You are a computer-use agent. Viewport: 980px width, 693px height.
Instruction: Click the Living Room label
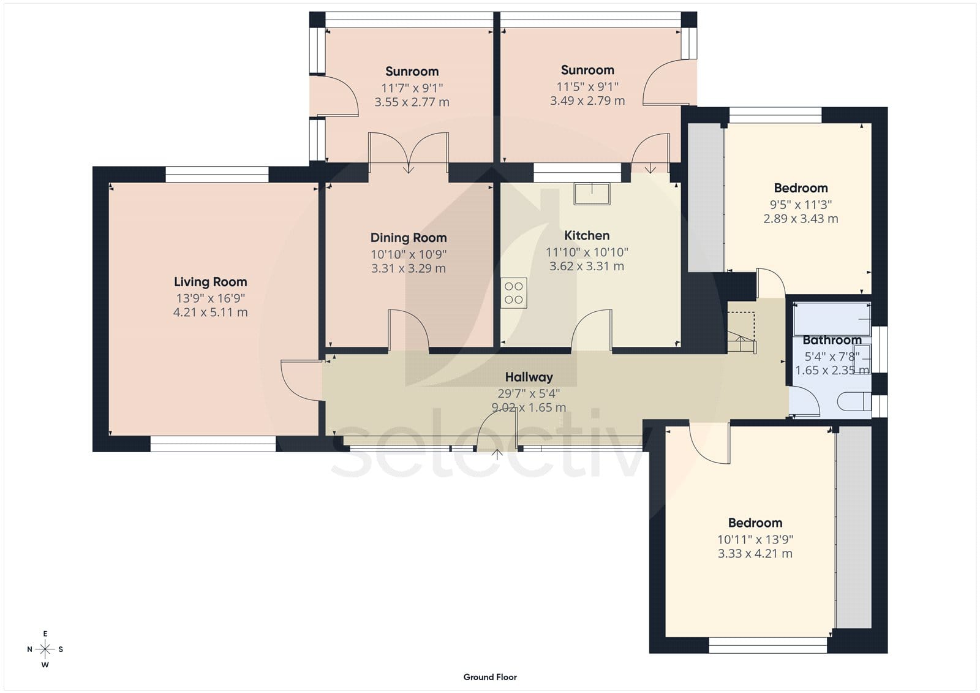(x=211, y=281)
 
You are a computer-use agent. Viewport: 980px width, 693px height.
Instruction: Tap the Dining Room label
(x=409, y=238)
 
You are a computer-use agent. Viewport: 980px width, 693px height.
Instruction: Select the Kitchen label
(x=587, y=235)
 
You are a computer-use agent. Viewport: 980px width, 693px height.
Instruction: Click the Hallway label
(x=529, y=377)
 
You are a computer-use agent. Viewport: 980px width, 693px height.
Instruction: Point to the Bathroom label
(x=832, y=340)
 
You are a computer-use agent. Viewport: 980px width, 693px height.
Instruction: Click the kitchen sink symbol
(x=592, y=194)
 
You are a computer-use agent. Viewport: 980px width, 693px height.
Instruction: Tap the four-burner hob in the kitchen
(x=514, y=293)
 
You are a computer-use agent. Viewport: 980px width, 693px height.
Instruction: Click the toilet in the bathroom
(x=854, y=401)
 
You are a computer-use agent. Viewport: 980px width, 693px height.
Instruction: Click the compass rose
(x=45, y=649)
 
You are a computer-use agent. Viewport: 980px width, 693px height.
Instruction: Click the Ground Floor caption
(x=490, y=677)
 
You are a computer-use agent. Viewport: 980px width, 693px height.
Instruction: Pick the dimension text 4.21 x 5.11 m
(x=211, y=312)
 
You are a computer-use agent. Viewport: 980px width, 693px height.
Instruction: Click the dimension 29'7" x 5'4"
(x=529, y=393)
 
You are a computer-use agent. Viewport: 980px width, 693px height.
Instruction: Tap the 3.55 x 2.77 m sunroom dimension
(x=412, y=102)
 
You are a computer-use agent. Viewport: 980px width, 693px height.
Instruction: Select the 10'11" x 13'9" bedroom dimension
(x=755, y=539)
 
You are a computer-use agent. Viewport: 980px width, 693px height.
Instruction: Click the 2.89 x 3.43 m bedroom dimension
(x=801, y=219)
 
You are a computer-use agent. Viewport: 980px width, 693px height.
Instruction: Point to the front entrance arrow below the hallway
(x=497, y=455)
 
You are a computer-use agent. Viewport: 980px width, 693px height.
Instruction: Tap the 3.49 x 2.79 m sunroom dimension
(x=587, y=100)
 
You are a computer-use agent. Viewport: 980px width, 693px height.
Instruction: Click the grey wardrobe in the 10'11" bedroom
(x=853, y=527)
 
